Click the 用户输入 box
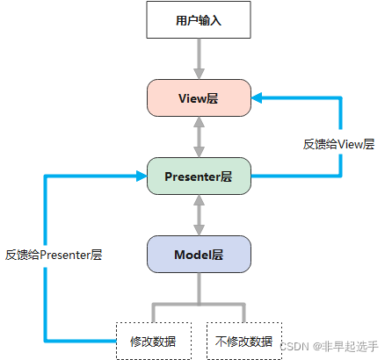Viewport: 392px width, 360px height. pos(199,20)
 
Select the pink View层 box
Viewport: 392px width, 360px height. pos(199,98)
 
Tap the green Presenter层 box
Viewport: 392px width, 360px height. pos(199,176)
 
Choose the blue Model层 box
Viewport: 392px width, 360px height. pos(199,255)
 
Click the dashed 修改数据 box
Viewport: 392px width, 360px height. pos(154,341)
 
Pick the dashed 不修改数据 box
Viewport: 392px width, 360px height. pos(244,341)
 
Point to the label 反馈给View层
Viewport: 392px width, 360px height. pos(339,144)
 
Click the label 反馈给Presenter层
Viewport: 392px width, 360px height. pos(54,255)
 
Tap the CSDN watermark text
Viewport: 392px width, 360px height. pos(329,347)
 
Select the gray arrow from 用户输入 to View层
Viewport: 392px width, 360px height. pos(199,59)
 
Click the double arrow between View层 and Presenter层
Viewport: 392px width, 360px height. pos(199,137)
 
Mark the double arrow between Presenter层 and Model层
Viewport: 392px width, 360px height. pos(199,215)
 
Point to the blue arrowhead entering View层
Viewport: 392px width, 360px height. pos(257,98)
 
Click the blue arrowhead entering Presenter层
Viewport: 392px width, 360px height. pos(142,176)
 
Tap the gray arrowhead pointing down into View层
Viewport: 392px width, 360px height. pos(199,74)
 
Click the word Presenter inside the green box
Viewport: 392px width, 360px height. pos(192,176)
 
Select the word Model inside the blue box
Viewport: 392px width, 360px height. pos(192,255)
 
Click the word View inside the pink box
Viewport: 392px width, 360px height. pos(192,98)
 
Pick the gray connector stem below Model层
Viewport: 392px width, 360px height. pos(199,289)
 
